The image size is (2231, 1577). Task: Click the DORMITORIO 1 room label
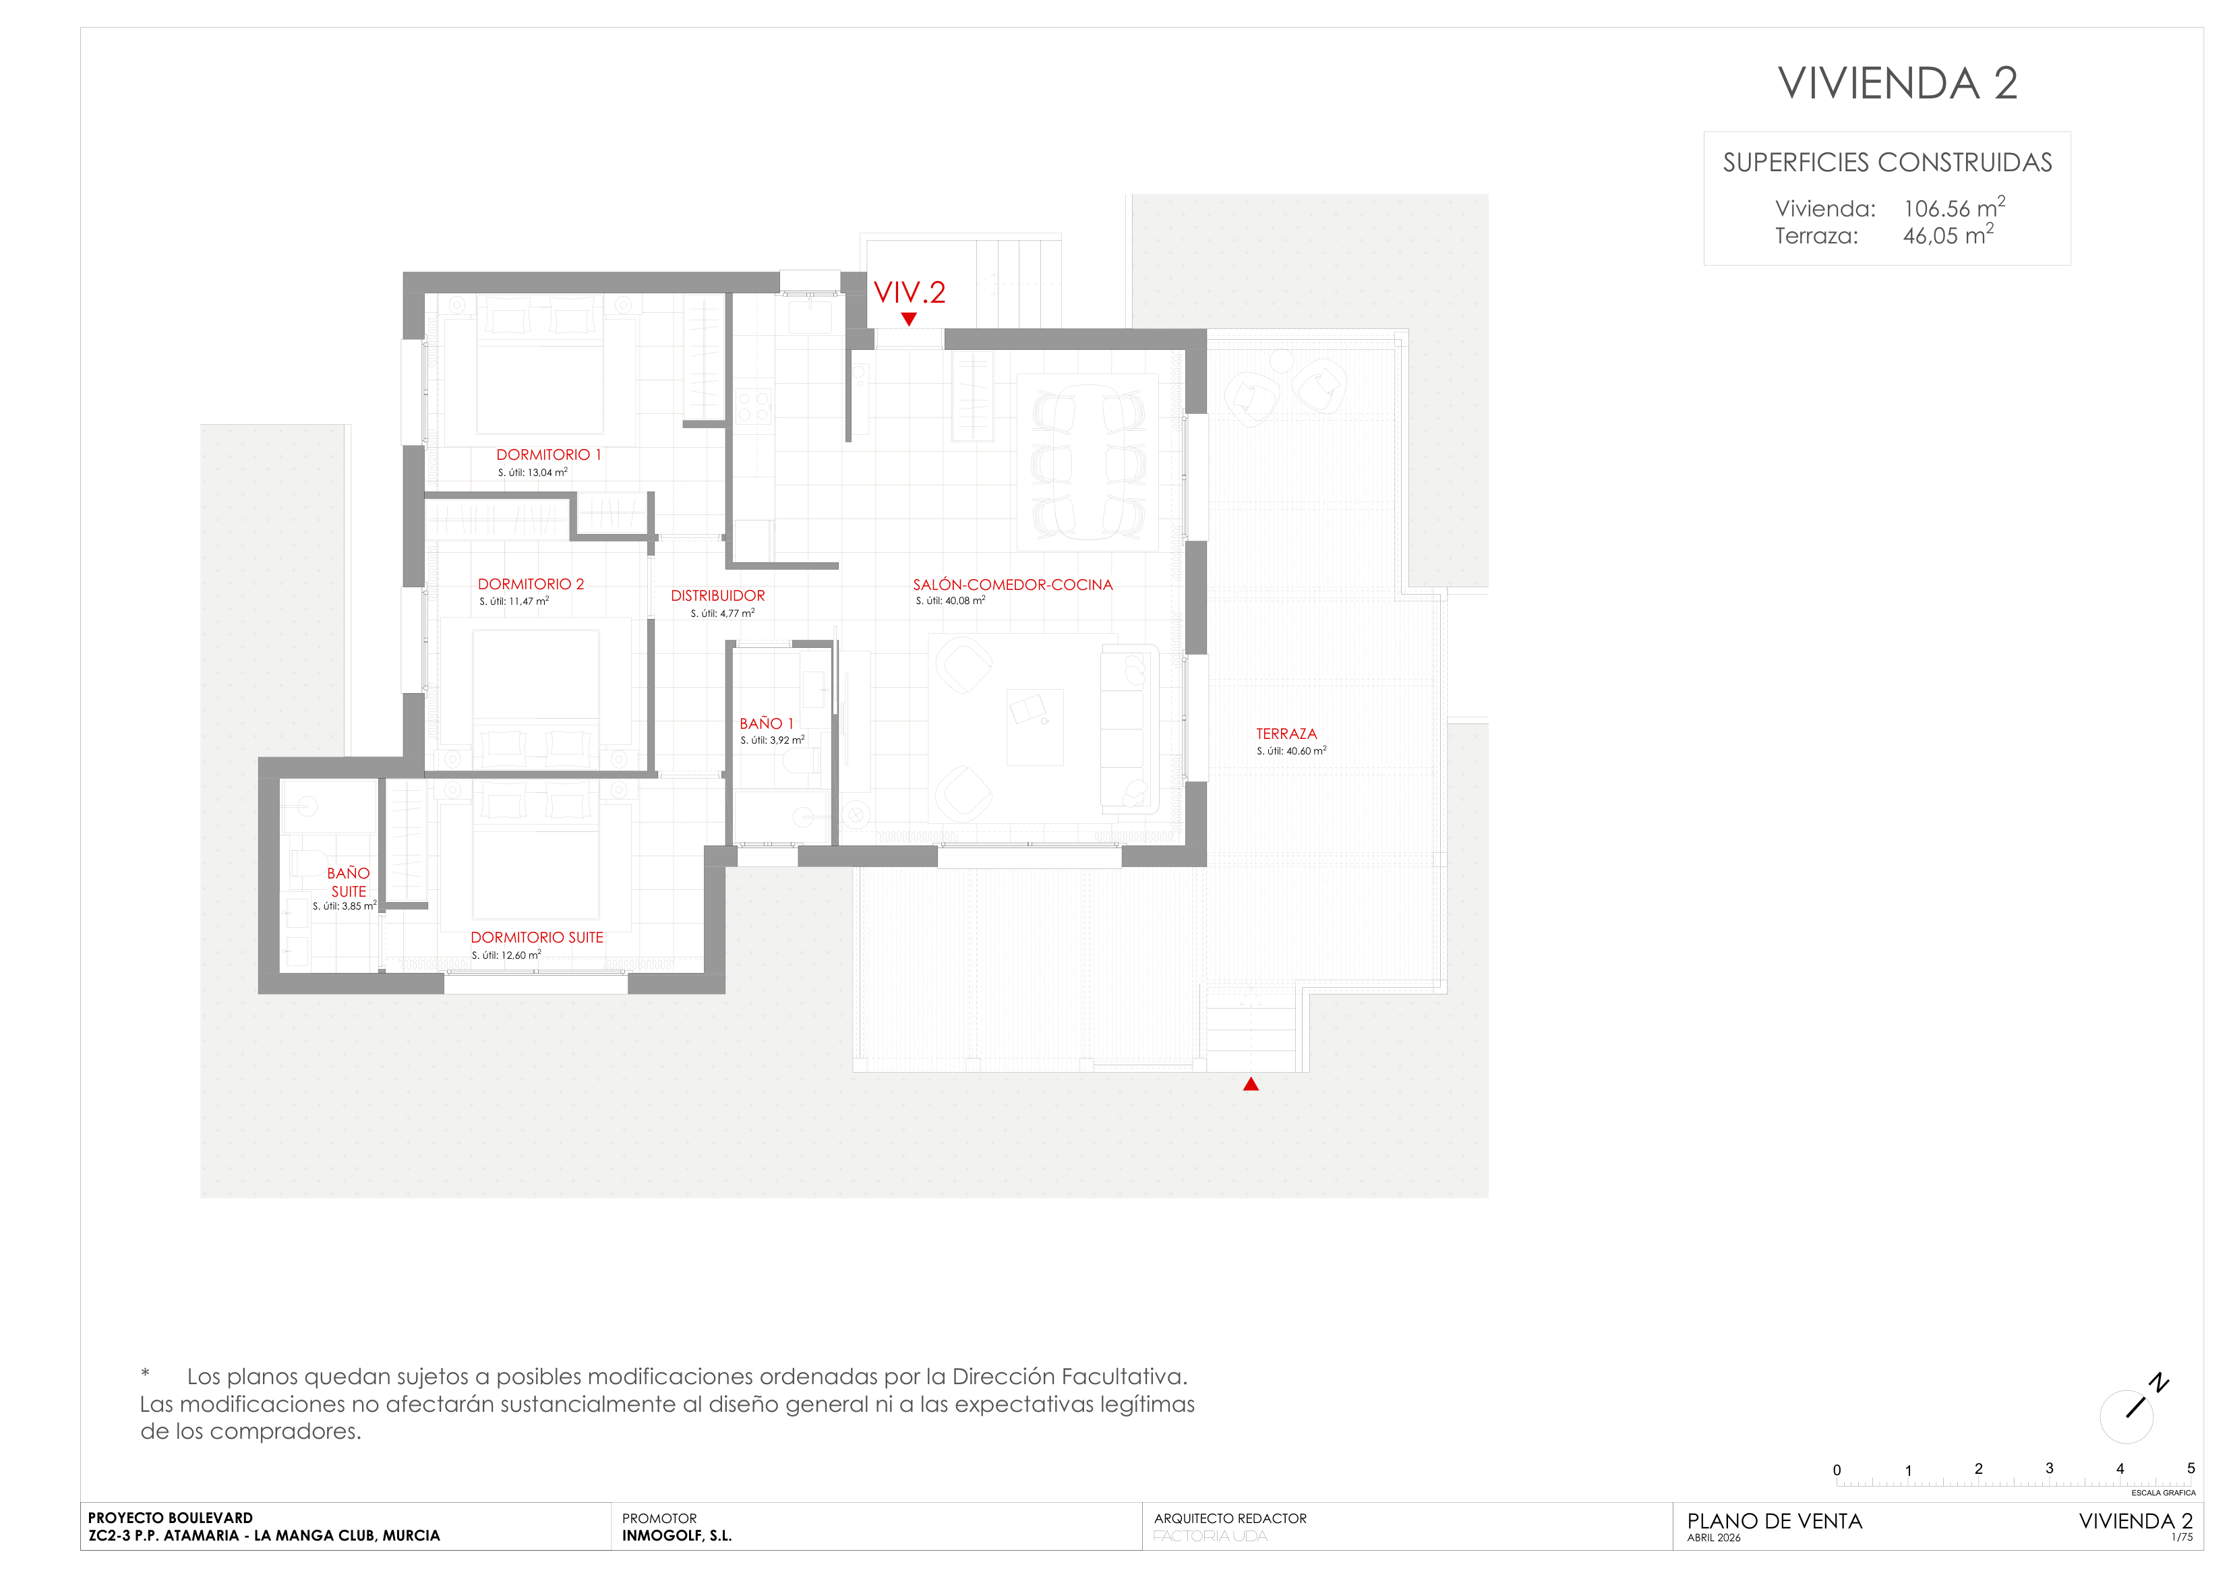549,454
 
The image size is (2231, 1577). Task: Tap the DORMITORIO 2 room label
531,584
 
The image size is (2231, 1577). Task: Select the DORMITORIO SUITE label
537,938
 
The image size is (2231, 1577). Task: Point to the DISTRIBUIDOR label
718,595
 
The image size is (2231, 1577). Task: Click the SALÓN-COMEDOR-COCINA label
1013,585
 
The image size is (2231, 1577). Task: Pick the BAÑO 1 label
767,724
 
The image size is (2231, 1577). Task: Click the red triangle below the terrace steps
1251,1084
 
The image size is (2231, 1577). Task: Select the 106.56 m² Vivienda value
1954,207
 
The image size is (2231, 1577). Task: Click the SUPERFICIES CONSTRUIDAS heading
1887,162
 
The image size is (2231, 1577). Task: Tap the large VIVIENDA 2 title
1898,84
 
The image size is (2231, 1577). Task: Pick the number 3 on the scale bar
2049,1468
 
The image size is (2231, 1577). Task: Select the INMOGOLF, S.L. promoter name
678,1536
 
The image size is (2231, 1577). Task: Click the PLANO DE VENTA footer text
1775,1522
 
